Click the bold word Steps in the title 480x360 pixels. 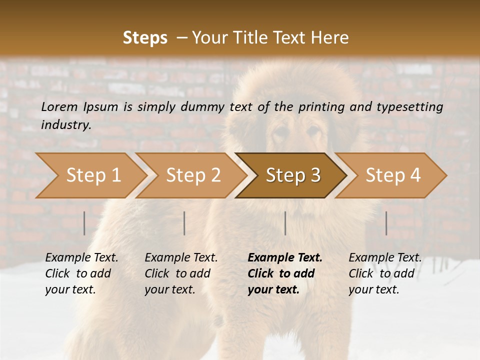(145, 38)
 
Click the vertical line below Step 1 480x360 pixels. (84, 223)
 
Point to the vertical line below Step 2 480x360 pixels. (184, 223)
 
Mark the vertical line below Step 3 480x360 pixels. (285, 223)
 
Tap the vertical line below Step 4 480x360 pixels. (386, 223)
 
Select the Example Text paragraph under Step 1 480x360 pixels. (81, 273)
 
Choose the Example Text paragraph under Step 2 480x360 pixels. (181, 273)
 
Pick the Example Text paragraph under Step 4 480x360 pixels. (385, 273)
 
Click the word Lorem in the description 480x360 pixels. (59, 106)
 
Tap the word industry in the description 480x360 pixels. (65, 125)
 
